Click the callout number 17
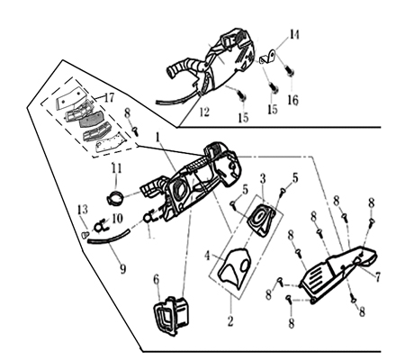109,97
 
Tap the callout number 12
204,112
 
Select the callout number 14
294,34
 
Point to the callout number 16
292,100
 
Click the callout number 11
117,168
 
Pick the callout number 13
83,209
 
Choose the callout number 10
117,219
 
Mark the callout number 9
123,269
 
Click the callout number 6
157,280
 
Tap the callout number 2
230,321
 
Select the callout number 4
207,256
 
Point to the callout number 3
263,179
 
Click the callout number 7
377,276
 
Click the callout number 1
157,138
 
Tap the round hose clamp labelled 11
115,198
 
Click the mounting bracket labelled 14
268,58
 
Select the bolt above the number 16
290,71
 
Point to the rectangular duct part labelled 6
172,316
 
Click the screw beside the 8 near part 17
135,130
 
